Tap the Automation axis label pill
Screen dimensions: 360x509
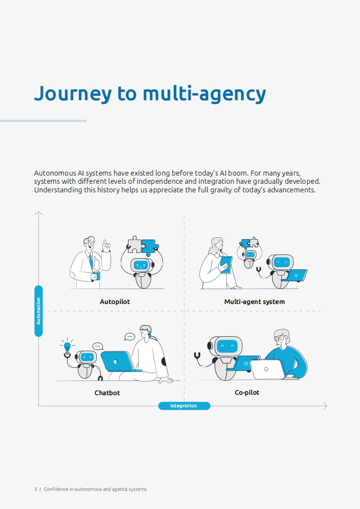[39, 311]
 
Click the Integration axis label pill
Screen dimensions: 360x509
[184, 406]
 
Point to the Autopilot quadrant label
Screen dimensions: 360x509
[115, 302]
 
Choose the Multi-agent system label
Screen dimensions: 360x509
[254, 302]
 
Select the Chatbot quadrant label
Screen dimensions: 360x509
[107, 393]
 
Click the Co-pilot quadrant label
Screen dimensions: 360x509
[247, 392]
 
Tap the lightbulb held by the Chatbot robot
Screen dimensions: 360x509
[67, 347]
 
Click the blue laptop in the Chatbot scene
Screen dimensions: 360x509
[117, 361]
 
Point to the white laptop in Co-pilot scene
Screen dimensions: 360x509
[267, 369]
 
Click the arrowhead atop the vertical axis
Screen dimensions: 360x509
[39, 213]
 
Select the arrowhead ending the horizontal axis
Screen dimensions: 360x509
[325, 406]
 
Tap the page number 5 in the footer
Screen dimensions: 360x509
[36, 489]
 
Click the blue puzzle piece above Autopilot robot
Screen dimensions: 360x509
[149, 247]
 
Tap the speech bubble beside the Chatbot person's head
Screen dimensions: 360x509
[129, 337]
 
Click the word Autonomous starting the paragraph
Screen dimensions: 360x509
[55, 173]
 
